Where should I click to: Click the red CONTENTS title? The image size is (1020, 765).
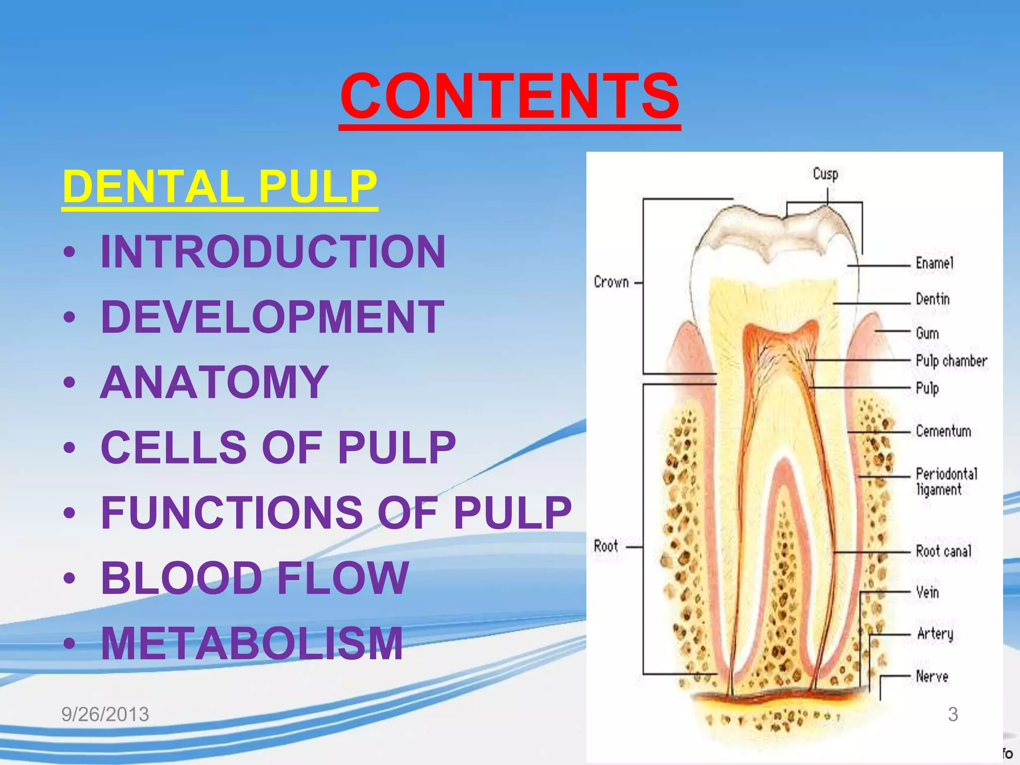[x=510, y=96]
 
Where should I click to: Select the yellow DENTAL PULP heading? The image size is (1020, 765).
[x=220, y=186]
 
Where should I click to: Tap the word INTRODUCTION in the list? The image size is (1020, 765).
[x=273, y=252]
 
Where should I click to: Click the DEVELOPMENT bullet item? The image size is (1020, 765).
[x=272, y=317]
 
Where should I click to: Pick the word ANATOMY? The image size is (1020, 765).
[x=214, y=382]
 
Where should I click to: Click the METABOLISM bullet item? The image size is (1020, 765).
[x=252, y=643]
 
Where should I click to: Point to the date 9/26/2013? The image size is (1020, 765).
[x=105, y=714]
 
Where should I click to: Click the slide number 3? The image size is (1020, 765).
[x=953, y=714]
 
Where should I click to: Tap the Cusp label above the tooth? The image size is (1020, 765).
[x=825, y=174]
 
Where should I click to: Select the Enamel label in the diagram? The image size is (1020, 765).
[x=934, y=263]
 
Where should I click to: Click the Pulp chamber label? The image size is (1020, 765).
[x=951, y=361]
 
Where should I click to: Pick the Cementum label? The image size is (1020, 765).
[x=943, y=431]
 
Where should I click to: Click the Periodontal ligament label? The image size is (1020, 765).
[x=946, y=481]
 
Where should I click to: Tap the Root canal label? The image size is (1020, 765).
[x=943, y=551]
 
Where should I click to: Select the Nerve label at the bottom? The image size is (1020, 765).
[x=932, y=676]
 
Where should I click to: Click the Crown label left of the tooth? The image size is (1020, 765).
[x=611, y=282]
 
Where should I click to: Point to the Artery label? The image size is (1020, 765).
[x=935, y=634]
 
